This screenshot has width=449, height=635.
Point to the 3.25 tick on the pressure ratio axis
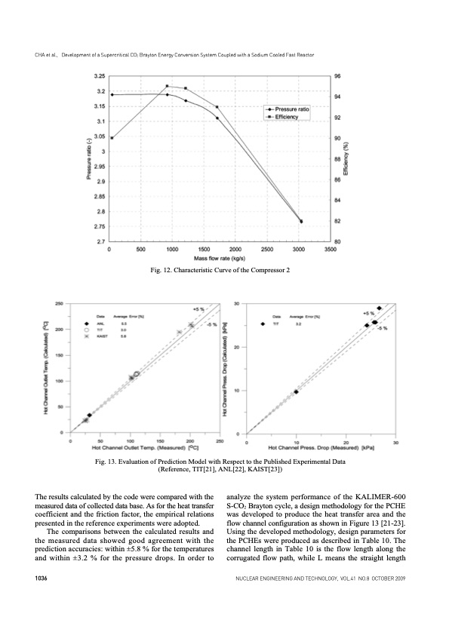tap(99, 76)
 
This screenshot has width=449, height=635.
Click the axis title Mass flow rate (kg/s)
tap(220, 257)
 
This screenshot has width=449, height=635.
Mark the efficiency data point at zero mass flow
tap(112, 138)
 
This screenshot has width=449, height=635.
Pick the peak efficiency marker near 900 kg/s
tap(167, 87)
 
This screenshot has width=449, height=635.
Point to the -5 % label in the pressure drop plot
tap(383, 328)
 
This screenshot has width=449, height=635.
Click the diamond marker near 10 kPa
tap(296, 392)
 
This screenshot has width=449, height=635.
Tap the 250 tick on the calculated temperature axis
tap(59, 303)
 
